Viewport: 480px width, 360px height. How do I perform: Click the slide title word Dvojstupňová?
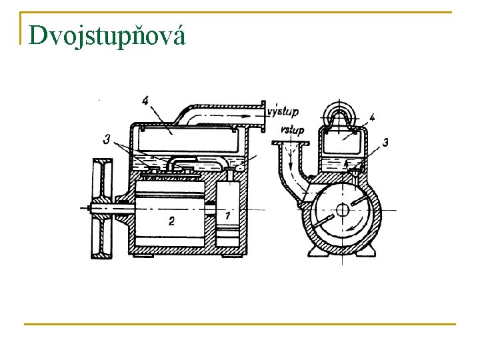[106, 35]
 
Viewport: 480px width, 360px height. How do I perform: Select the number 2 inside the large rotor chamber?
[171, 221]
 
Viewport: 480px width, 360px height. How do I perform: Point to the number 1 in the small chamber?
[228, 215]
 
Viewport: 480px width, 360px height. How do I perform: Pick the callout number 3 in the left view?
[107, 139]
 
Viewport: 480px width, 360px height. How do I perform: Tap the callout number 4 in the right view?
[371, 117]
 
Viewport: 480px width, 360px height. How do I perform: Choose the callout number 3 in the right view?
[385, 142]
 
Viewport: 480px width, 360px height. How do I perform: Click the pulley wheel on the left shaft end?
[101, 208]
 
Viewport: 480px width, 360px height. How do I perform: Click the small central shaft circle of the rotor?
[343, 210]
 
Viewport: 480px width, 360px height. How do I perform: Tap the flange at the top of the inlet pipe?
[291, 143]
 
